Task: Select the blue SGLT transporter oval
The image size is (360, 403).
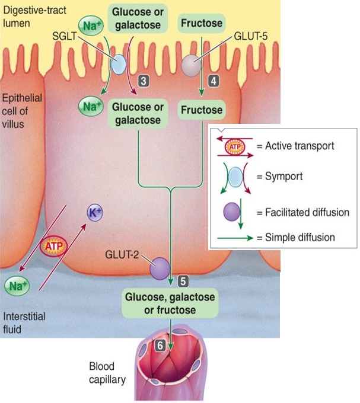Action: (x=118, y=64)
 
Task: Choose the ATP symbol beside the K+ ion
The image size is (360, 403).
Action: (x=53, y=244)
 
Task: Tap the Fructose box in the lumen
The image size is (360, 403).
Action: (x=202, y=24)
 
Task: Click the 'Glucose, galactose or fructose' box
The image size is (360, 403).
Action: (x=170, y=302)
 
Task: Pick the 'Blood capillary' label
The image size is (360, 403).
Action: (x=107, y=373)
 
